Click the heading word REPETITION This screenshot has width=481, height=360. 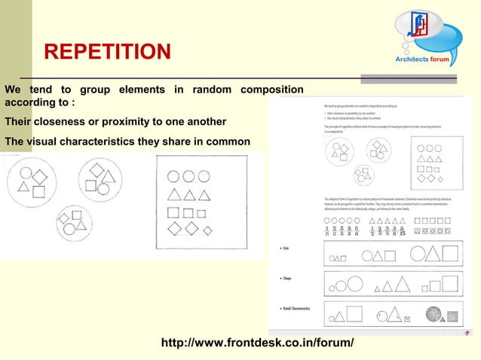(107, 52)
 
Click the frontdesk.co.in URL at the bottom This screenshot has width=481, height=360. (257, 343)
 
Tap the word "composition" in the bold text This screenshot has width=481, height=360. (271, 90)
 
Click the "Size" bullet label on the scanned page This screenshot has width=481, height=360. (287, 247)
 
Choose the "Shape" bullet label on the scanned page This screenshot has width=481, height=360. (289, 278)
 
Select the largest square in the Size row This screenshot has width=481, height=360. (451, 253)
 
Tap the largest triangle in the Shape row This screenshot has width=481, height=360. (402, 284)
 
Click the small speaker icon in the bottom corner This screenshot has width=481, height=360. (468, 331)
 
